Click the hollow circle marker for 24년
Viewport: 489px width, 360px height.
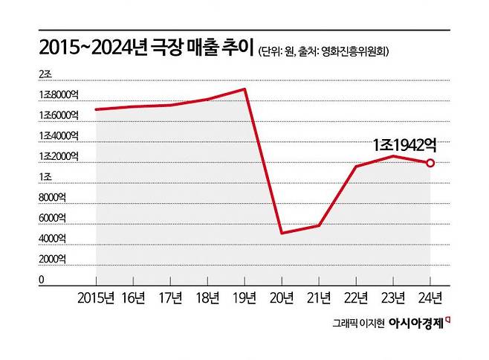[x=430, y=163]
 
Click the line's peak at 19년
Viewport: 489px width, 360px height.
[x=244, y=89]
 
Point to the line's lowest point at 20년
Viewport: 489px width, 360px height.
[x=282, y=233]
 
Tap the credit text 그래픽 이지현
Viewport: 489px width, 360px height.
[x=360, y=325]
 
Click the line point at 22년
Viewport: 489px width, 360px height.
[x=356, y=167]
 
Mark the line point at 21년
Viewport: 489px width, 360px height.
[x=319, y=225]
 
